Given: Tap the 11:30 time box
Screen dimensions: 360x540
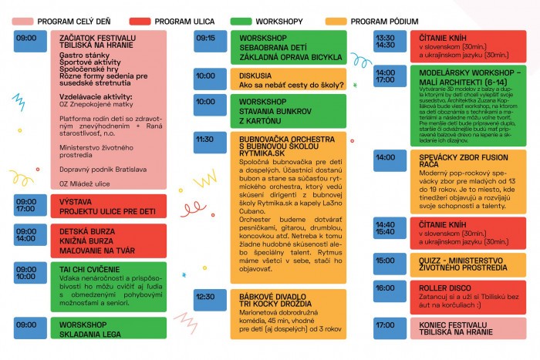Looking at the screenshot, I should click(x=206, y=140).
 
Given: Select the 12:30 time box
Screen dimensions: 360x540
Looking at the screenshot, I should click(x=206, y=296).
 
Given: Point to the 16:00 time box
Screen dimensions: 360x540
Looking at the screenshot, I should click(x=385, y=287).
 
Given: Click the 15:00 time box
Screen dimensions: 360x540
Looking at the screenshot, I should click(x=385, y=261).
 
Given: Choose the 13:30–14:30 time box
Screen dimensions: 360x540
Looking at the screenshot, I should click(x=385, y=42).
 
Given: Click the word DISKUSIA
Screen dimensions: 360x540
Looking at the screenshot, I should click(x=257, y=76).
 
